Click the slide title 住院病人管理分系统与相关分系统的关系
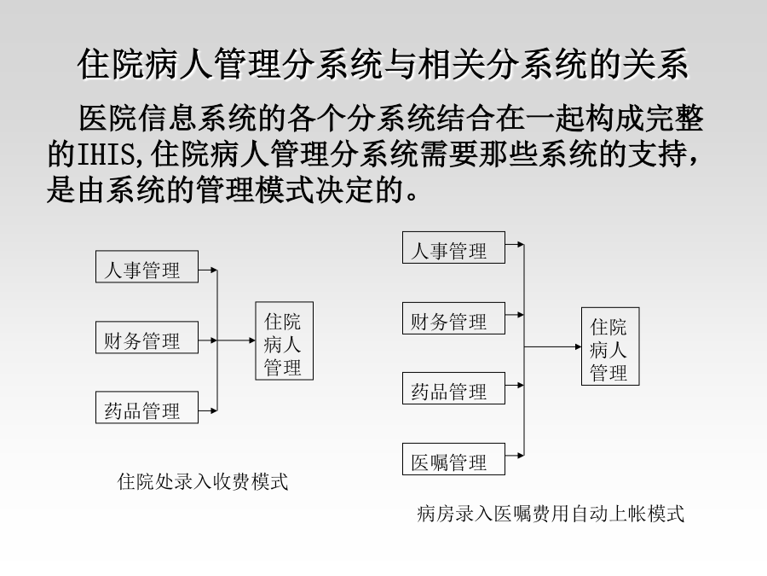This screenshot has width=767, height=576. (x=383, y=64)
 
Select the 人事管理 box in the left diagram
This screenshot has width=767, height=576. (x=147, y=266)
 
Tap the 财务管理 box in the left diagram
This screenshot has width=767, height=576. (x=147, y=337)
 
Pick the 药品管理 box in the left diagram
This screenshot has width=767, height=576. (x=147, y=408)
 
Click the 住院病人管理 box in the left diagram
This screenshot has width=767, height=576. (x=284, y=340)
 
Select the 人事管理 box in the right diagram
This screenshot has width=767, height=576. (x=453, y=247)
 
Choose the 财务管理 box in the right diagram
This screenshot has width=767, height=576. (x=453, y=318)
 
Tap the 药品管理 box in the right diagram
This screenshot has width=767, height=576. (x=453, y=388)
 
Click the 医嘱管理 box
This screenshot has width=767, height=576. (x=453, y=459)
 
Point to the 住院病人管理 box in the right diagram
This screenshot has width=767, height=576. (x=610, y=346)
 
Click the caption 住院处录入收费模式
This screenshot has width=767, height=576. (x=203, y=481)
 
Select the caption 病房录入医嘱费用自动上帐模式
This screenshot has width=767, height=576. (x=551, y=514)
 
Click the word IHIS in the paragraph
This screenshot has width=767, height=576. (x=106, y=154)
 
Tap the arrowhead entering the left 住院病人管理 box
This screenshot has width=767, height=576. (x=252, y=340)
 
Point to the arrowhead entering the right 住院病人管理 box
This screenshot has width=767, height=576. (x=578, y=346)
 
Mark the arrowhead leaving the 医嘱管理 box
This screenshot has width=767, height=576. (x=521, y=456)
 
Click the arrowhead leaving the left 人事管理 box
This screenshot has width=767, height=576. (x=214, y=270)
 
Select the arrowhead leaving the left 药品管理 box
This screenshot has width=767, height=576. (x=214, y=410)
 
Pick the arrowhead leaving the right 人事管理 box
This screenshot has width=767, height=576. (x=521, y=244)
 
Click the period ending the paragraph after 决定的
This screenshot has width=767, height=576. (x=412, y=197)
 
